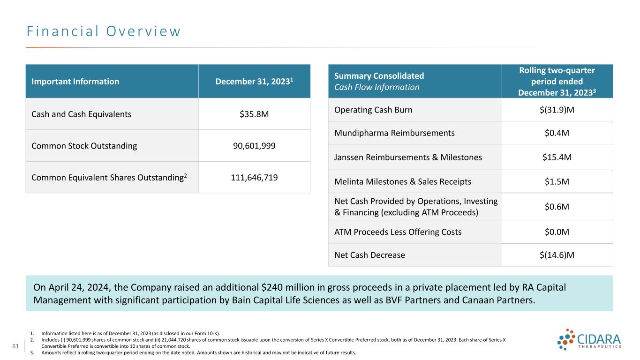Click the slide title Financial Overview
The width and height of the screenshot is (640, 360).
[x=103, y=31]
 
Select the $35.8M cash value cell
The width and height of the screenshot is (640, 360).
[x=254, y=114]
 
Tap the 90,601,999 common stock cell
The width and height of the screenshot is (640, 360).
[x=254, y=146]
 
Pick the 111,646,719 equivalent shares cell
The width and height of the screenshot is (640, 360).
[x=254, y=177]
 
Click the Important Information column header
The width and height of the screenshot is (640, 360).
[x=75, y=82]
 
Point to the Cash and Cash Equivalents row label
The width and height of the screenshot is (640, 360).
[x=82, y=114]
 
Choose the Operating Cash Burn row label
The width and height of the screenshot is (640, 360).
[x=374, y=110]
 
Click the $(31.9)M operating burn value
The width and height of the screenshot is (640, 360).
[x=557, y=110]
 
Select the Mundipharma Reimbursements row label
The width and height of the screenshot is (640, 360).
[x=394, y=133]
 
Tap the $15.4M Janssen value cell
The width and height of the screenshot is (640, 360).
[x=557, y=157]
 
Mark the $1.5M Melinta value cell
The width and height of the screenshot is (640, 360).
[x=557, y=182]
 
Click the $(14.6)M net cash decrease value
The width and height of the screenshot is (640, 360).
[x=557, y=255]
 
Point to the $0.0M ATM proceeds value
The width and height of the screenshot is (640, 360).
[x=557, y=232]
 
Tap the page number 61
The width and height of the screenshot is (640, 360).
[x=15, y=346]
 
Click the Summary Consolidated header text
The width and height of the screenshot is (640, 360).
[x=379, y=76]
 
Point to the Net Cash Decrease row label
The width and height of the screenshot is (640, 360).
[x=369, y=255]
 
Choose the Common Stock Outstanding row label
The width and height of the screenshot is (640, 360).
[x=84, y=146]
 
